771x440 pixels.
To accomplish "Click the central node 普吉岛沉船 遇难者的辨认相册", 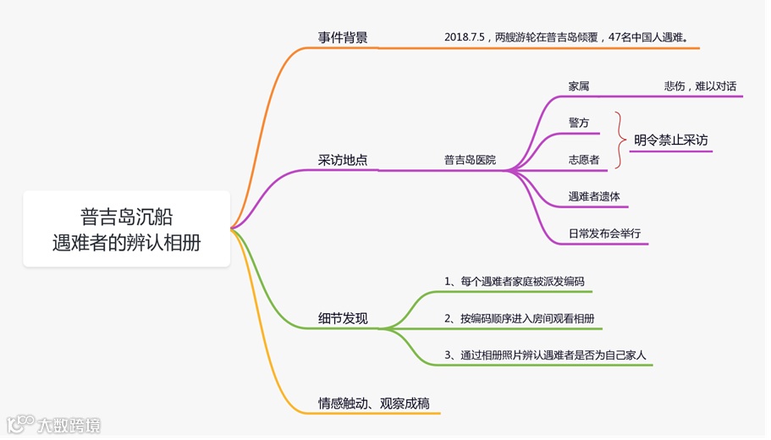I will click(127, 228).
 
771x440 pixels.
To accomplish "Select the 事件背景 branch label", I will click(343, 37).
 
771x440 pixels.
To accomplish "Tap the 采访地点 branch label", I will click(343, 160).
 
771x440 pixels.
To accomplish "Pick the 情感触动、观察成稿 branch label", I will click(374, 404).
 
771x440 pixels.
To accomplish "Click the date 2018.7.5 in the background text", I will click(464, 37).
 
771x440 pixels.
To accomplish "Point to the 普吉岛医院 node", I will click(470, 160).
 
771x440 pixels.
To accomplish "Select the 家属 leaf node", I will click(579, 86).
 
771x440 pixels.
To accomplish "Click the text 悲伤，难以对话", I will click(700, 86).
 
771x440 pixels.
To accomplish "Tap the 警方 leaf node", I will click(579, 123).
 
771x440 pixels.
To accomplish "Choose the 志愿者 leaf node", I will click(584, 160).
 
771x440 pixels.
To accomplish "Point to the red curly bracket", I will click(621, 140).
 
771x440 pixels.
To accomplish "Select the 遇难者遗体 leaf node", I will click(594, 196).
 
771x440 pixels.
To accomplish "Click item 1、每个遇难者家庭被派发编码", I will click(514, 281).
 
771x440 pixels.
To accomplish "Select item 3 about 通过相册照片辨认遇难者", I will click(545, 355).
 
